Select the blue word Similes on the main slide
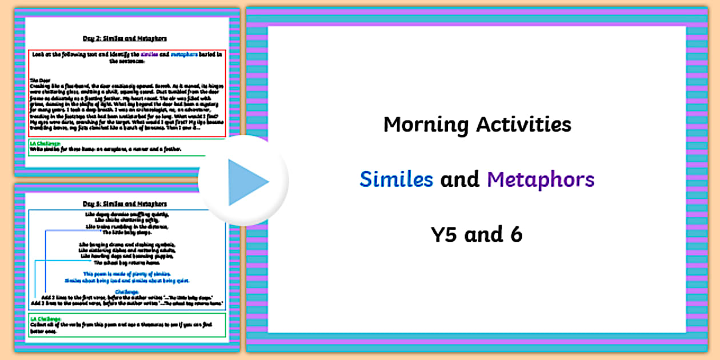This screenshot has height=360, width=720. (396, 179)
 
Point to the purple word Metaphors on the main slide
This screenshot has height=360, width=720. (541, 179)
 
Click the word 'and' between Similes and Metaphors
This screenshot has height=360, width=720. (460, 179)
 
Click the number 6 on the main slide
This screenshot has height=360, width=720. (516, 234)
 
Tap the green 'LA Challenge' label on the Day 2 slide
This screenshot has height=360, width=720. (45, 143)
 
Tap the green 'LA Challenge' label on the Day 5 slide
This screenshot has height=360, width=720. (45, 318)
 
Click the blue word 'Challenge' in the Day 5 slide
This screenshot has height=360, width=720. (126, 291)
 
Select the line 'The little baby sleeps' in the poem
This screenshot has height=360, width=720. (126, 233)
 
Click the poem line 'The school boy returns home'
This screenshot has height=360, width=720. (126, 262)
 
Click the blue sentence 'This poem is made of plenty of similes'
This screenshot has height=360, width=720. (126, 274)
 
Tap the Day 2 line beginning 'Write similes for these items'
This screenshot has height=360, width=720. (106, 149)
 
